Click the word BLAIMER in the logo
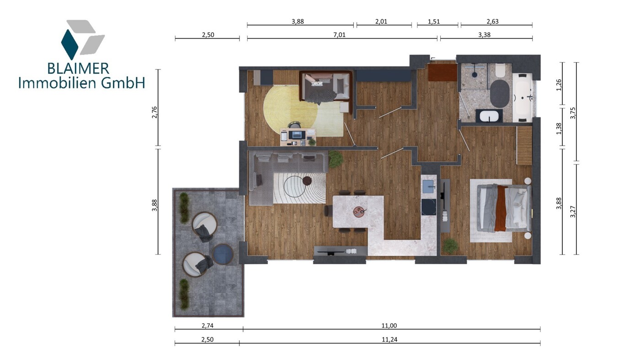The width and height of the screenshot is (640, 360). point(78,69)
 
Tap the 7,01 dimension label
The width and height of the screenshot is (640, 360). point(339,35)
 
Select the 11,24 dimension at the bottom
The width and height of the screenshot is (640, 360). point(389,339)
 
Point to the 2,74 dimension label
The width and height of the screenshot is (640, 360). point(208,325)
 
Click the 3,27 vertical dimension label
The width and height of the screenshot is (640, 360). point(573,212)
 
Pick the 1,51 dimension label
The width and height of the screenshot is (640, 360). point(434,21)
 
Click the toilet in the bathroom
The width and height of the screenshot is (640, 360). point(501,70)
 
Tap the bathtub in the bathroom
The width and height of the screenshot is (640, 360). point(523,98)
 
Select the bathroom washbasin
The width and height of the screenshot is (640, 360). point(489,116)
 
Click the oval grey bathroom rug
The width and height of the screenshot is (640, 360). point(500,94)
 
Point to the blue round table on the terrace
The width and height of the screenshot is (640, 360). point(223,254)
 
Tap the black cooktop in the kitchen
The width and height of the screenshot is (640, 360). point(429,207)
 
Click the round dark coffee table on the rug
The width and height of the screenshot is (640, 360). point(307,180)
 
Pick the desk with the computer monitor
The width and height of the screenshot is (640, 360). point(298,138)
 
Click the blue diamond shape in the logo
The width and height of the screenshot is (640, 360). point(69,44)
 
